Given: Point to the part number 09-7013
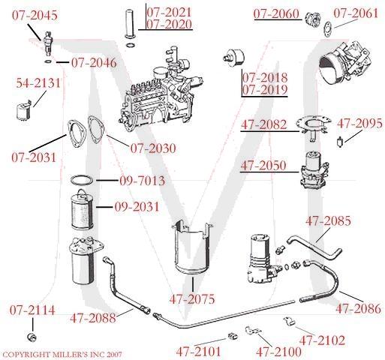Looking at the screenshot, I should click(142, 181).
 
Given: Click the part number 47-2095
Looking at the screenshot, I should click(359, 123).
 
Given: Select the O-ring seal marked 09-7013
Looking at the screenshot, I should click(84, 181).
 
